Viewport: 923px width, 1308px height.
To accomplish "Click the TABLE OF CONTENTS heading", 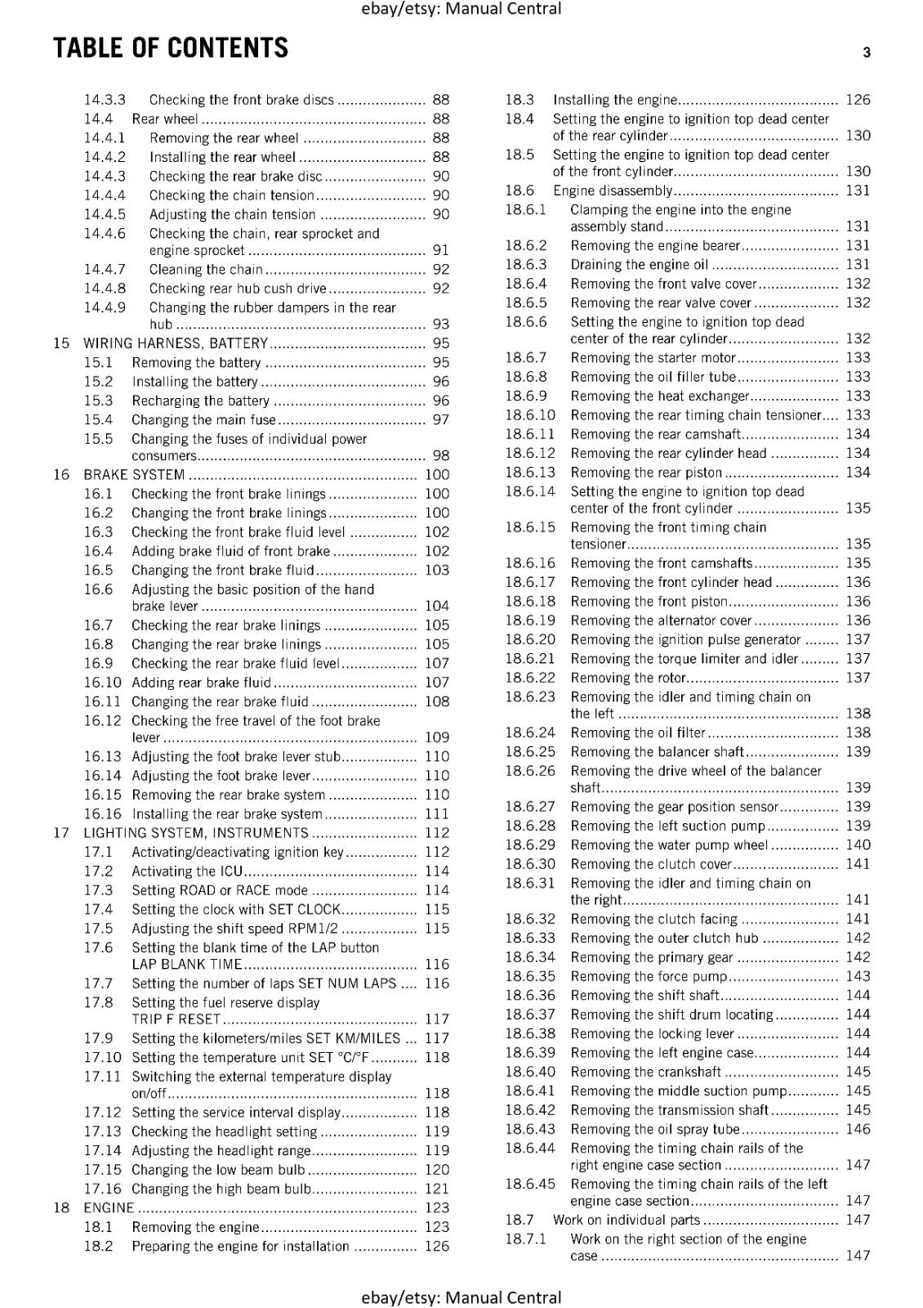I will (171, 48).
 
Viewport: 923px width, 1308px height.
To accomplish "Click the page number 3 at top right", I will (867, 52).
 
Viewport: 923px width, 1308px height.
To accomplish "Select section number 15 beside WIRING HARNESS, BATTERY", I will (61, 343).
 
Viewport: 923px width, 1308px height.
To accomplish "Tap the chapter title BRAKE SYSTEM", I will (134, 475).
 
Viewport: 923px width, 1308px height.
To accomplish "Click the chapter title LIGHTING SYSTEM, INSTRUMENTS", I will (196, 833).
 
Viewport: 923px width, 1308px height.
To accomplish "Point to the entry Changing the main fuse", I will (203, 420).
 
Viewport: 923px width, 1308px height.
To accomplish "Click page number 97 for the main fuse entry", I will (440, 420).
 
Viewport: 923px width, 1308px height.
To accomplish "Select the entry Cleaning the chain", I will (206, 270).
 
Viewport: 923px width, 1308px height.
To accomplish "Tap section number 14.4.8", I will (105, 289).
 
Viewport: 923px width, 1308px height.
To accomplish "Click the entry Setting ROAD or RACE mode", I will (220, 890).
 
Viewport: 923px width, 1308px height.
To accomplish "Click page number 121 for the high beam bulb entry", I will (437, 1189).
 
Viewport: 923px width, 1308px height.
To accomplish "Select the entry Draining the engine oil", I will (640, 265).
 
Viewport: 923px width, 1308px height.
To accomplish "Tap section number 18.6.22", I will (529, 678).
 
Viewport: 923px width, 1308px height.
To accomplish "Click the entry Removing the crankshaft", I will (645, 1072).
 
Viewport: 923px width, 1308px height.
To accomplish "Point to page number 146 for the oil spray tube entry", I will (858, 1129).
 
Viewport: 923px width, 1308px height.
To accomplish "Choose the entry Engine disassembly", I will (612, 190).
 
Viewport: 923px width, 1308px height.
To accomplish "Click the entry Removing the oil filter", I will (637, 733).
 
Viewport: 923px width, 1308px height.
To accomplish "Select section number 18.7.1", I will (525, 1239).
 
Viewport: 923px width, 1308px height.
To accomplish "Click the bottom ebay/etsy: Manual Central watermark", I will (461, 1297).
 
